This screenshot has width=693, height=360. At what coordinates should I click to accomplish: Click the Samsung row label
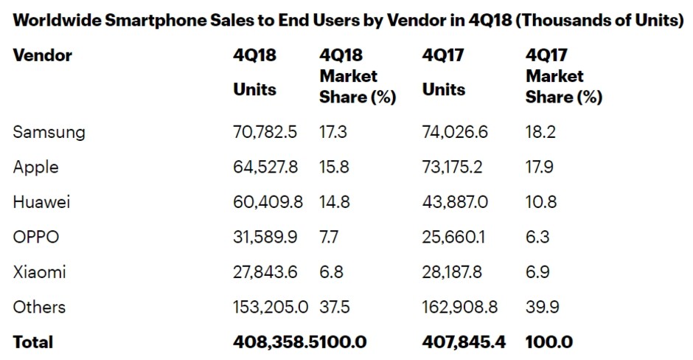coord(49,132)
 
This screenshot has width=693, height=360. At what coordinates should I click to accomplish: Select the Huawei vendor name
coord(41,202)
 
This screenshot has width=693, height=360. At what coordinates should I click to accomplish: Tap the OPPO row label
coord(35,238)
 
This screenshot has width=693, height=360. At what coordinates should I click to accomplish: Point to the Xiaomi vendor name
coord(39,272)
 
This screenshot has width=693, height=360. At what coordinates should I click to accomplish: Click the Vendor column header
coord(42,55)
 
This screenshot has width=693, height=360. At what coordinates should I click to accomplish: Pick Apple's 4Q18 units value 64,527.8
coord(265,167)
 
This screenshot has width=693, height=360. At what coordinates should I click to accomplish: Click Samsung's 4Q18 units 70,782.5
coord(265,132)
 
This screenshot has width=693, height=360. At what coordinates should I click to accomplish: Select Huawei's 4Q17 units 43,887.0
coord(453,202)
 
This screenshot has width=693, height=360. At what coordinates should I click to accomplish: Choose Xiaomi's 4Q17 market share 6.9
coord(539,272)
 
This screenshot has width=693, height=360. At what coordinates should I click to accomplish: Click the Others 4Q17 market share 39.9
coord(542,307)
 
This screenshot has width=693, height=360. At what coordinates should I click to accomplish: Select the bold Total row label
coord(33,342)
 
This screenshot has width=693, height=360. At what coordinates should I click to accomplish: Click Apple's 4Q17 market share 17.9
coord(541,167)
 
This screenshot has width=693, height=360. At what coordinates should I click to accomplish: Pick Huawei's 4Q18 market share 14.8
coord(334,202)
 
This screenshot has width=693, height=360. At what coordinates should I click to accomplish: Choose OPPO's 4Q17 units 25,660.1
coord(453,238)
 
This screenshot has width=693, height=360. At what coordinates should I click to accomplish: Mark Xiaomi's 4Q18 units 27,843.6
coord(265,272)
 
